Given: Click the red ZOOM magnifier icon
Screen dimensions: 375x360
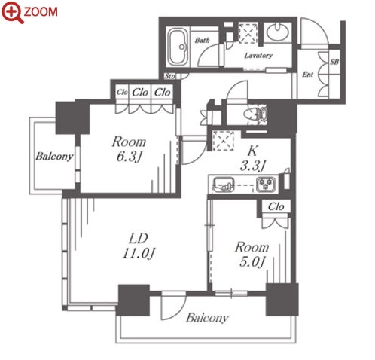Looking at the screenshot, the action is [x=12, y=12].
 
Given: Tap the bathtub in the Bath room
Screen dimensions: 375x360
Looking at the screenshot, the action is [x=178, y=47].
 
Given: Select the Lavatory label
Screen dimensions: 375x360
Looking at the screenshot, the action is [x=258, y=56].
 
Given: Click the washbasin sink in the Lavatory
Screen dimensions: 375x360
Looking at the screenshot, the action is [x=277, y=32].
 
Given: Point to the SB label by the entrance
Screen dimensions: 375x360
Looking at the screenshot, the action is [x=334, y=62].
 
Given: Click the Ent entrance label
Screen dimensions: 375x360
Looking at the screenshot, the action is [x=308, y=75].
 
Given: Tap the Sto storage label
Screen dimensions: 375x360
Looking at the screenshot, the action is [x=170, y=76].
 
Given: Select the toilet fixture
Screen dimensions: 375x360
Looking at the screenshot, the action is [x=255, y=114].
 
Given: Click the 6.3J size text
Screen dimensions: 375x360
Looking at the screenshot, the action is [x=130, y=157].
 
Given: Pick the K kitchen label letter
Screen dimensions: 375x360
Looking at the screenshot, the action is [x=252, y=151].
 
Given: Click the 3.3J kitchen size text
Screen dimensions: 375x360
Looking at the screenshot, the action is [x=253, y=166].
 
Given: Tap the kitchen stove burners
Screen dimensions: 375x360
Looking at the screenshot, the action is [x=266, y=184].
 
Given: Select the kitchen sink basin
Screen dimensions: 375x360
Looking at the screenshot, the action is [x=224, y=185].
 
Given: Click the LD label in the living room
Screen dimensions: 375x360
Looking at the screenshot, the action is [x=139, y=239].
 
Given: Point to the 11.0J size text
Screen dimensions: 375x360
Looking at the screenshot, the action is [x=139, y=253].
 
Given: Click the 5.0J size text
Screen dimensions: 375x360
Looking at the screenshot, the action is [x=252, y=262].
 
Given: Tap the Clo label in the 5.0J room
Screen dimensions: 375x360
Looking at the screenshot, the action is [x=276, y=207].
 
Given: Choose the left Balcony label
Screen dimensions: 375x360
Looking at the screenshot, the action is [x=54, y=157].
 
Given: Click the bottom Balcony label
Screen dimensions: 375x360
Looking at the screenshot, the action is [x=207, y=318].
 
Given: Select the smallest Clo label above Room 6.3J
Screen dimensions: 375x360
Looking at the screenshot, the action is [x=122, y=92].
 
